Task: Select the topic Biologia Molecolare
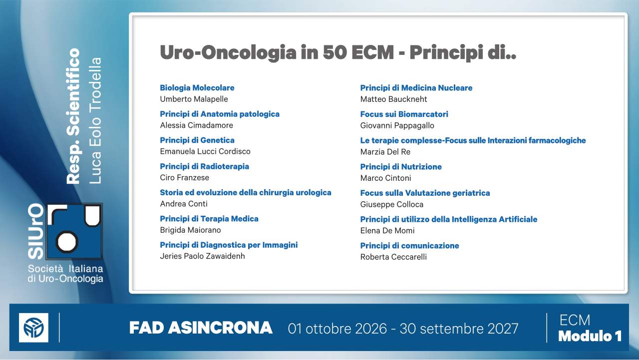(197, 88)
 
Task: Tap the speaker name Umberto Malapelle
(194, 99)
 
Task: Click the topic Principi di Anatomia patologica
(220, 114)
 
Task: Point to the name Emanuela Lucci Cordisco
(205, 151)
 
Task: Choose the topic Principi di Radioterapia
(205, 166)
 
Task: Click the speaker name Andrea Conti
(184, 204)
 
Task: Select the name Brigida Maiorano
(190, 230)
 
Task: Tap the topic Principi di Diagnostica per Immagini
(229, 245)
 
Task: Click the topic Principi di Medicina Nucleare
(416, 88)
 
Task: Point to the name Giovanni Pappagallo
(397, 125)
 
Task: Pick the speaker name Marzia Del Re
(385, 152)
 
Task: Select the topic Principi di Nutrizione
(401, 167)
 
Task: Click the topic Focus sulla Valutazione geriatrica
(425, 193)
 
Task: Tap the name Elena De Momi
(387, 231)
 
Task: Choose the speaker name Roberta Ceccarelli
(393, 257)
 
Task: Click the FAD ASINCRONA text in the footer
(201, 328)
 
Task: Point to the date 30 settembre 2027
(459, 329)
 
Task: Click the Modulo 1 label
(590, 336)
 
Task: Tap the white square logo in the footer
(33, 328)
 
